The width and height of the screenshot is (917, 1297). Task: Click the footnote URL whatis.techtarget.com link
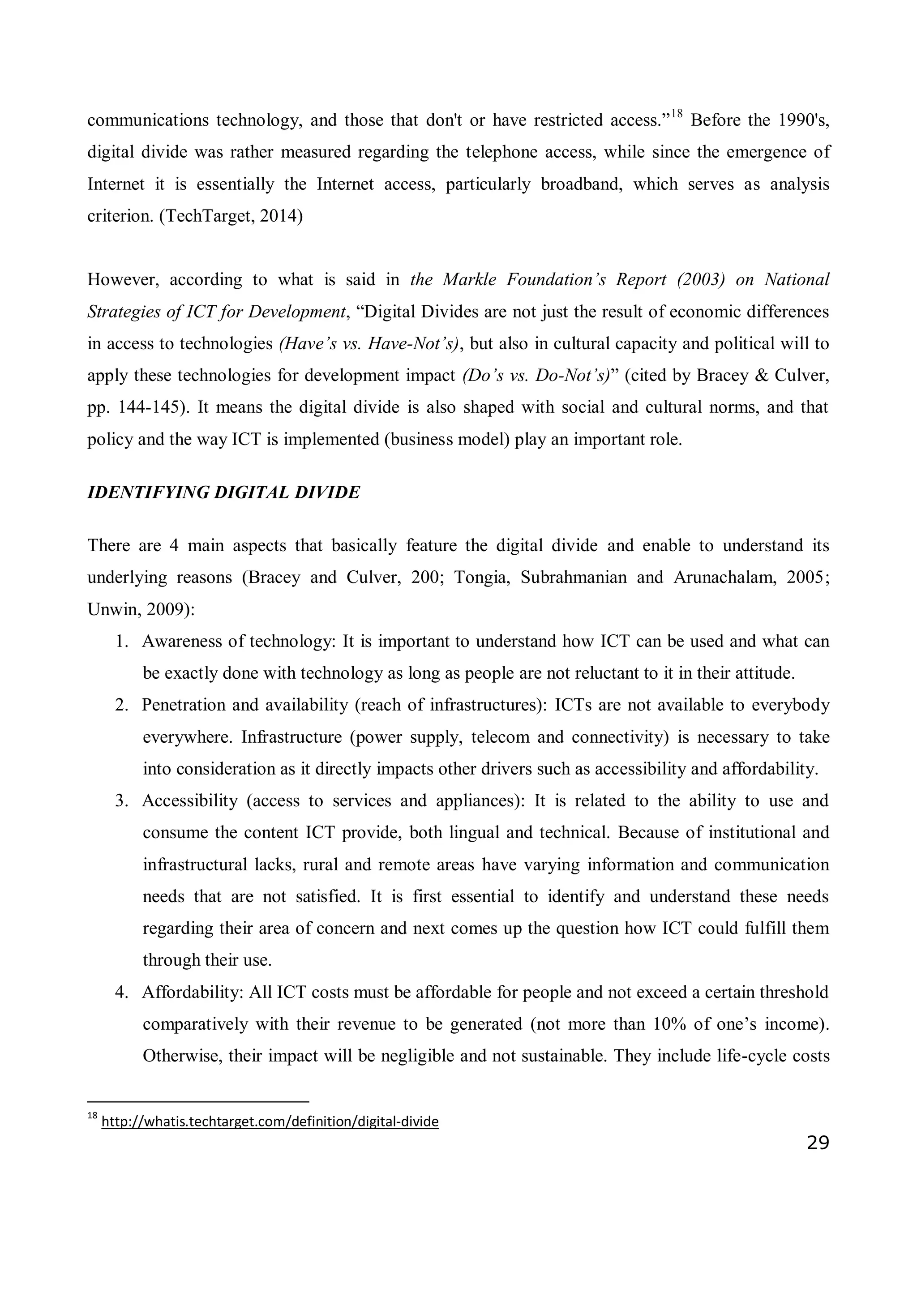270,1121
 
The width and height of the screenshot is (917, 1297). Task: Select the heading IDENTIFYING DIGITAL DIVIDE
223,492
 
